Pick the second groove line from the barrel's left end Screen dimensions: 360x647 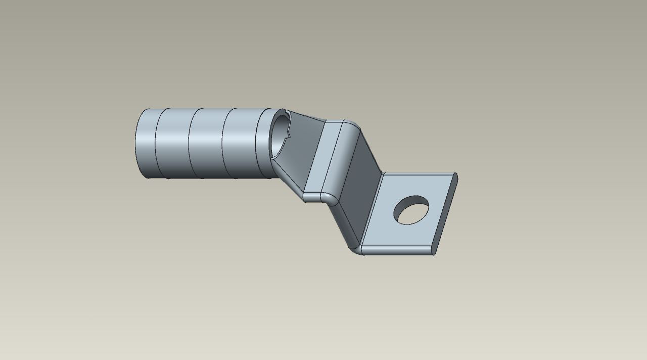(x=190, y=144)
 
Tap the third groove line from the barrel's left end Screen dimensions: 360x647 (x=223, y=144)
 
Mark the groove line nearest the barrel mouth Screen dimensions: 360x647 (x=257, y=144)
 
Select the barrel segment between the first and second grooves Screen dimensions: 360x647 (x=173, y=144)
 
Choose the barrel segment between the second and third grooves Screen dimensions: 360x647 (x=207, y=144)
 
